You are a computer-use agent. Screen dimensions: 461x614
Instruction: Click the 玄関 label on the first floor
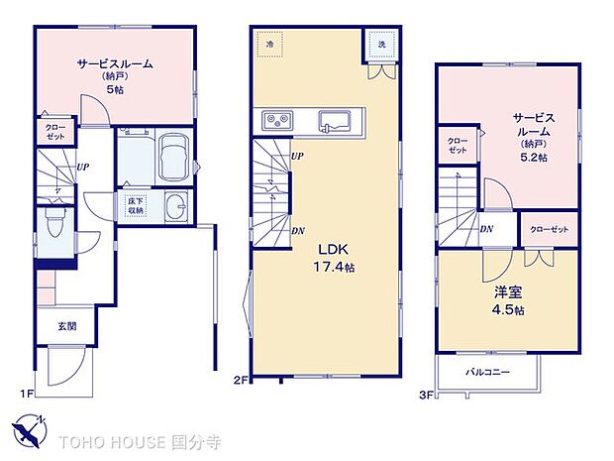point(66,325)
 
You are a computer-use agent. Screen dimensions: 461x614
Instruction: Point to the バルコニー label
point(488,373)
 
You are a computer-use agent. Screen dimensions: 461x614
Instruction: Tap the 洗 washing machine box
point(379,45)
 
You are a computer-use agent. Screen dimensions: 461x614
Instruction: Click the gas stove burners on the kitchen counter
point(276,121)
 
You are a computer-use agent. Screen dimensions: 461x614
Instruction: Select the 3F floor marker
point(426,394)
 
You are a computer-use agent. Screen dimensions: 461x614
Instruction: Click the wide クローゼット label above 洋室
point(549,229)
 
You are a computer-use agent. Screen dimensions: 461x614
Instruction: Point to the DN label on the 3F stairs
point(486,230)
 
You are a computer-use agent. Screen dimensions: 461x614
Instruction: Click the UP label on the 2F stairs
point(297,157)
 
